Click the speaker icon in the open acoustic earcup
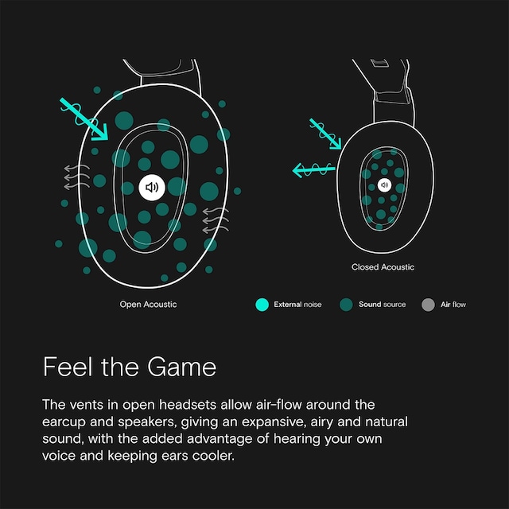[152, 188]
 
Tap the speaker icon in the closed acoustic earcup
[384, 185]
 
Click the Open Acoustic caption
[149, 304]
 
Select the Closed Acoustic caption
[383, 267]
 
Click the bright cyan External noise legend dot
[262, 305]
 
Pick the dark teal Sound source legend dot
[346, 305]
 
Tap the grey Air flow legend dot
[428, 305]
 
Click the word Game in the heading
[181, 367]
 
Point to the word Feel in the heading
[68, 367]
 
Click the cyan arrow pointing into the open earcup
[84, 119]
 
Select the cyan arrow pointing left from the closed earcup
[313, 169]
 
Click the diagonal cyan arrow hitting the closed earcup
[325, 134]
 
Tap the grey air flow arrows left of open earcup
[76, 177]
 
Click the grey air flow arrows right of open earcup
[216, 220]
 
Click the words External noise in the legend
[297, 305]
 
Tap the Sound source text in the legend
[382, 305]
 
